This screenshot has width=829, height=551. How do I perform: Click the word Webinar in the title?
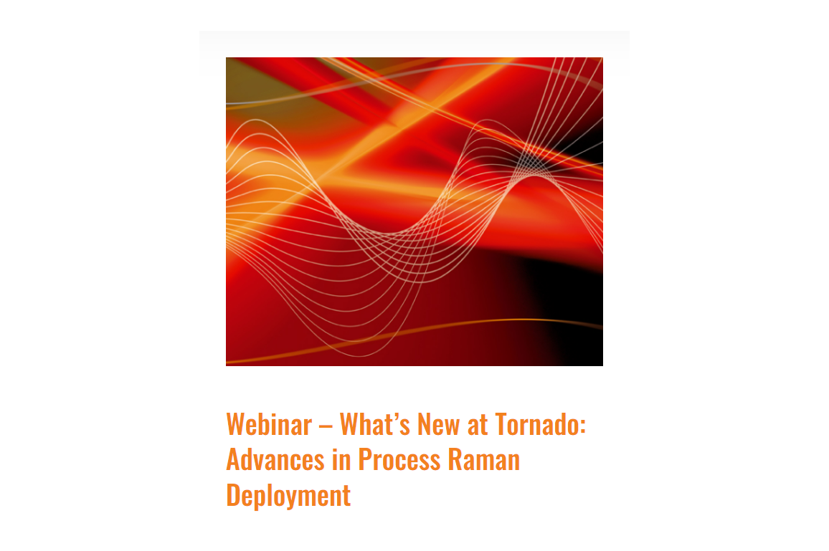tap(269, 424)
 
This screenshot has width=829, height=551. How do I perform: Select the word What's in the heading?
tap(375, 424)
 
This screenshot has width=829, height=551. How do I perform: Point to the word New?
tap(438, 424)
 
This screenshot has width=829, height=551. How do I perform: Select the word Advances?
tap(275, 459)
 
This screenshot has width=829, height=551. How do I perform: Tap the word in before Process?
tap(341, 459)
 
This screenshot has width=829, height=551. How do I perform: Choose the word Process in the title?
tap(399, 459)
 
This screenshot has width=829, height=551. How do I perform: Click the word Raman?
tap(484, 459)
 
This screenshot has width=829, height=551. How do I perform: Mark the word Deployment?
tap(289, 497)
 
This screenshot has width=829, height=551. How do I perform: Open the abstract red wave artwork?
tap(415, 211)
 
